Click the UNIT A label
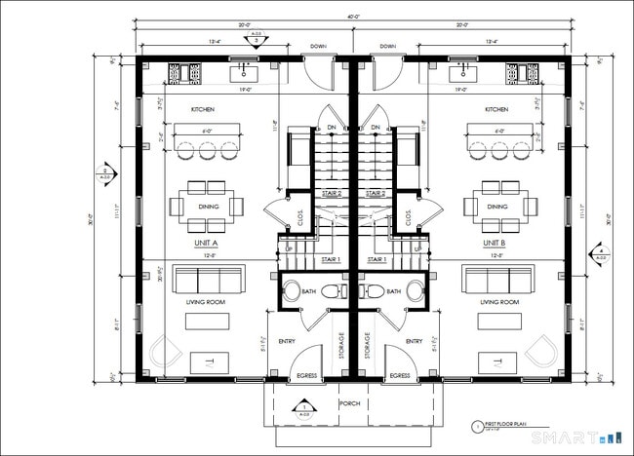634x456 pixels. (205, 242)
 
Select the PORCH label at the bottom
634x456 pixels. (350, 402)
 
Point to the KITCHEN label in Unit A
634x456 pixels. (203, 110)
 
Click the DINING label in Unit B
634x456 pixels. (497, 207)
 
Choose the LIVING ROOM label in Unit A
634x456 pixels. (205, 303)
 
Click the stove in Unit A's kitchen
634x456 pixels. (184, 72)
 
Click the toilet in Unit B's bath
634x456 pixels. (371, 290)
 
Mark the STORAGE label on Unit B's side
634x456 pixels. (367, 347)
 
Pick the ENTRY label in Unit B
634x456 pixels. (414, 341)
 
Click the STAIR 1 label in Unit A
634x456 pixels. (331, 260)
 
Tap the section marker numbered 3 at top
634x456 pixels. (257, 41)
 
